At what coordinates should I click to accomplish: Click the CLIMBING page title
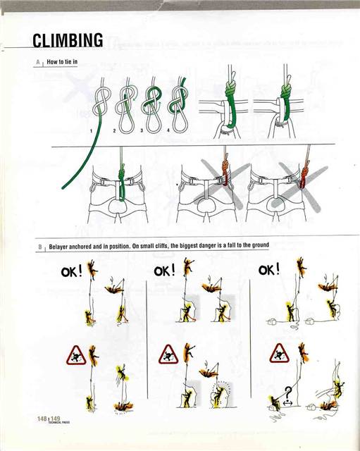click(x=68, y=40)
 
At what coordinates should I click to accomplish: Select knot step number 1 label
click(x=92, y=130)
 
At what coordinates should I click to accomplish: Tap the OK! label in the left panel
click(x=71, y=271)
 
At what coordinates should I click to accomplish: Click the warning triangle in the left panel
click(x=75, y=354)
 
